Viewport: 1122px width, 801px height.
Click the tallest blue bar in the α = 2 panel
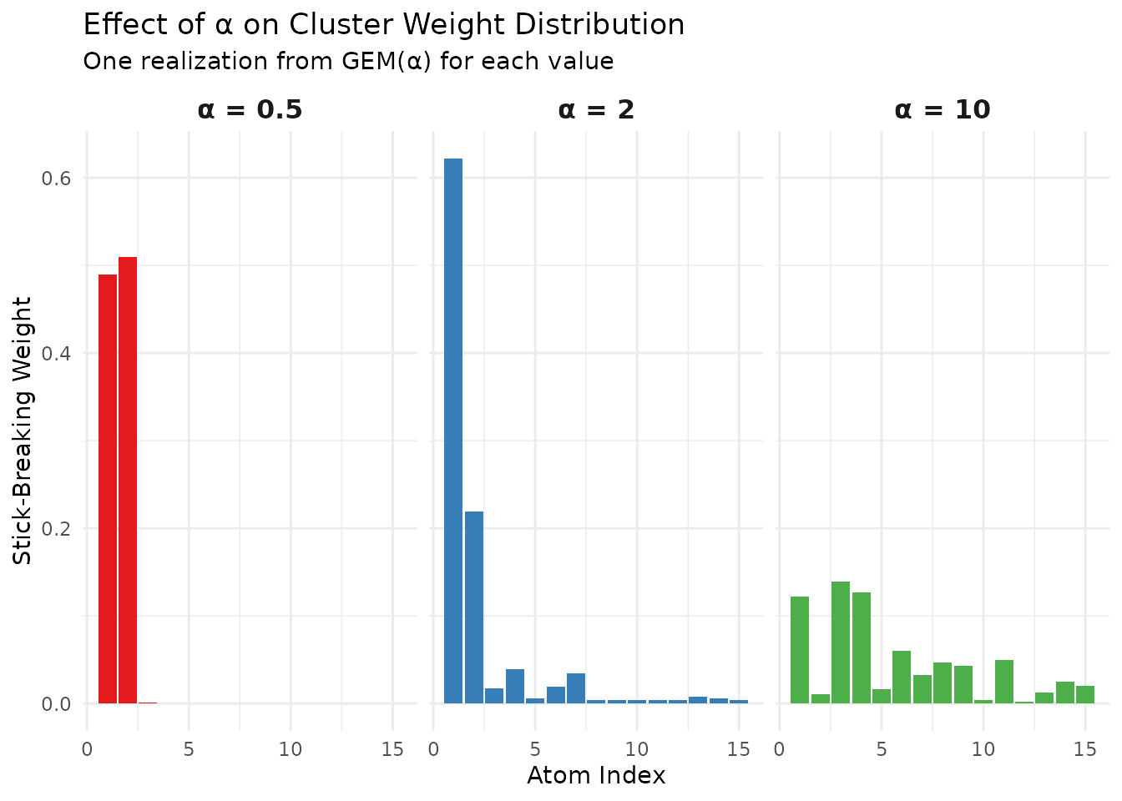pyautogui.click(x=453, y=431)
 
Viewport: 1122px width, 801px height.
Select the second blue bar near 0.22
pyautogui.click(x=474, y=607)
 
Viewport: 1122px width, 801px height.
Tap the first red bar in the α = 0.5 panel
pyautogui.click(x=108, y=489)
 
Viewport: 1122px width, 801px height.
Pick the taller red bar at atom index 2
pyautogui.click(x=128, y=480)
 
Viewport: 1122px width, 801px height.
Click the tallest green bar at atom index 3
pyautogui.click(x=841, y=642)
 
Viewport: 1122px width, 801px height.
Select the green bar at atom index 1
pyautogui.click(x=800, y=650)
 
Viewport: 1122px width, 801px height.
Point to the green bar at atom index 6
pyautogui.click(x=902, y=677)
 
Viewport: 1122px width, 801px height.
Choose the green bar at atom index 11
pyautogui.click(x=1004, y=682)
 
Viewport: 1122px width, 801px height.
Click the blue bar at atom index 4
pyautogui.click(x=515, y=686)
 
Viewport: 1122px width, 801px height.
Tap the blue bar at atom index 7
pyautogui.click(x=576, y=688)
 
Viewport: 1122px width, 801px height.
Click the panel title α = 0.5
pyautogui.click(x=250, y=109)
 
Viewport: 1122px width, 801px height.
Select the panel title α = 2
pyautogui.click(x=596, y=109)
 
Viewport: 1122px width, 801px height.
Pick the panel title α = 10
pyautogui.click(x=942, y=109)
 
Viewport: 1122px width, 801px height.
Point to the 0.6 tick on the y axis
pyautogui.click(x=58, y=179)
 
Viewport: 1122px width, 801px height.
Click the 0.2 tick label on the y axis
pyautogui.click(x=58, y=529)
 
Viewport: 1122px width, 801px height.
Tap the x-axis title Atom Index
pyautogui.click(x=596, y=776)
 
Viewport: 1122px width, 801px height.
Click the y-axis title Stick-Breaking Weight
pyautogui.click(x=23, y=431)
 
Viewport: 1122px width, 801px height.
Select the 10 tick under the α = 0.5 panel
pyautogui.click(x=291, y=749)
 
